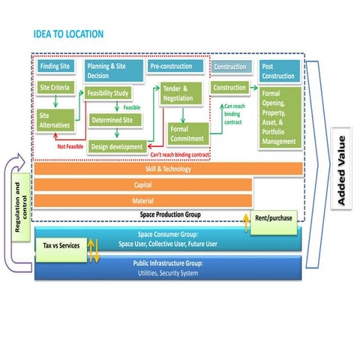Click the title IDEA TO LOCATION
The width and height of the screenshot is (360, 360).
pos(68,34)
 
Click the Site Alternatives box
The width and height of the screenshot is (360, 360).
pos(56,121)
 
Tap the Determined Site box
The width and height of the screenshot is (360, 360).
pos(115,119)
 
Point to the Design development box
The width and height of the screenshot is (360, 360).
pos(116,146)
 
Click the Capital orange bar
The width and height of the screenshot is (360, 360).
pos(142,184)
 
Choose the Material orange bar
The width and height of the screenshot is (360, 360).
pos(142,200)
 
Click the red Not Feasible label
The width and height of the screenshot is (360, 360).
pos(70,145)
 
